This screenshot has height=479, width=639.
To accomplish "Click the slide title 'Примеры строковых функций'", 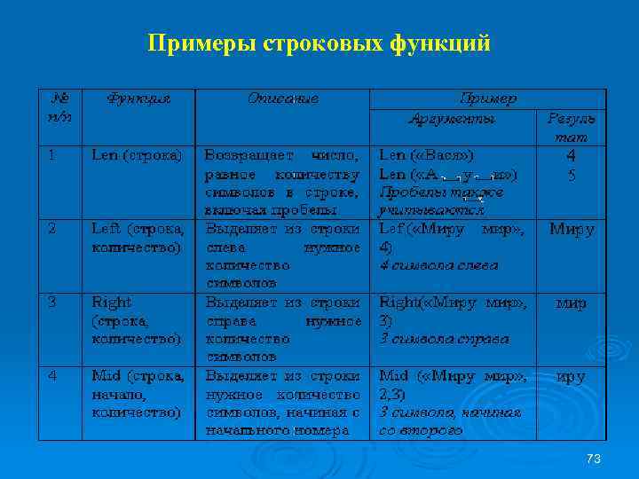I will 319,43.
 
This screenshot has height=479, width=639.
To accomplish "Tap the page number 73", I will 594,458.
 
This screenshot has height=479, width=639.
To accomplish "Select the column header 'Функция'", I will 138,98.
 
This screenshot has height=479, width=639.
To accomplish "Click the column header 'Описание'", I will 283,98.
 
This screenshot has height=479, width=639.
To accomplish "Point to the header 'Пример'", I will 487,98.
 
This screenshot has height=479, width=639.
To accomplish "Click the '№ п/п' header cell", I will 61,107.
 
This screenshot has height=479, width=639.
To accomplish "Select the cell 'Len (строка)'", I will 137,154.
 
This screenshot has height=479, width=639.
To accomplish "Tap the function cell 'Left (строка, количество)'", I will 138,238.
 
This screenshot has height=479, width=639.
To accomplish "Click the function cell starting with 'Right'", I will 138,320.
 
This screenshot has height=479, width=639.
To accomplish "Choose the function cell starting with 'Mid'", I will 138,393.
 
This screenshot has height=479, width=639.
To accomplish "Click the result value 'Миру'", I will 571,229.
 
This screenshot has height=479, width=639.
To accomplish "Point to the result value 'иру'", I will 571,377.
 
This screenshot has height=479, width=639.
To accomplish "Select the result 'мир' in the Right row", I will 571,303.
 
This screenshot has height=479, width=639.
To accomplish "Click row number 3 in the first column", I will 52,302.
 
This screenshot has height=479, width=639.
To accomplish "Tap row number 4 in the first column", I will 52,375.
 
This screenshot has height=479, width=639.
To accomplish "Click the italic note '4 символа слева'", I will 438,264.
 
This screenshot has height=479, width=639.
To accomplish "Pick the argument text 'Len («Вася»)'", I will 425,154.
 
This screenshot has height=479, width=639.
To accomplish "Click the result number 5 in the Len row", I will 572,174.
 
